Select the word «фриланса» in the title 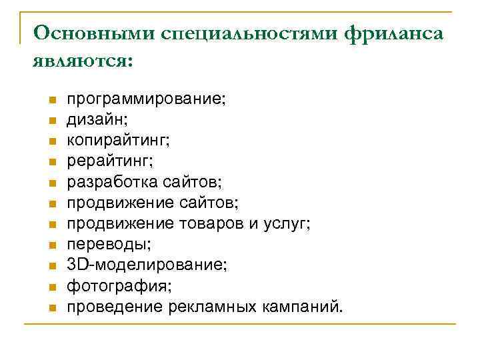(394, 33)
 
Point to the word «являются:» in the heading (82, 61)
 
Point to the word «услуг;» (286, 224)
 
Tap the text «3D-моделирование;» (147, 265)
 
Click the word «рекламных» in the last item (210, 307)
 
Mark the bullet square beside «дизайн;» (51, 121)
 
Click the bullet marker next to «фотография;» (51, 287)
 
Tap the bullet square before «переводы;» (51, 245)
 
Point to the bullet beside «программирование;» (51, 100)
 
